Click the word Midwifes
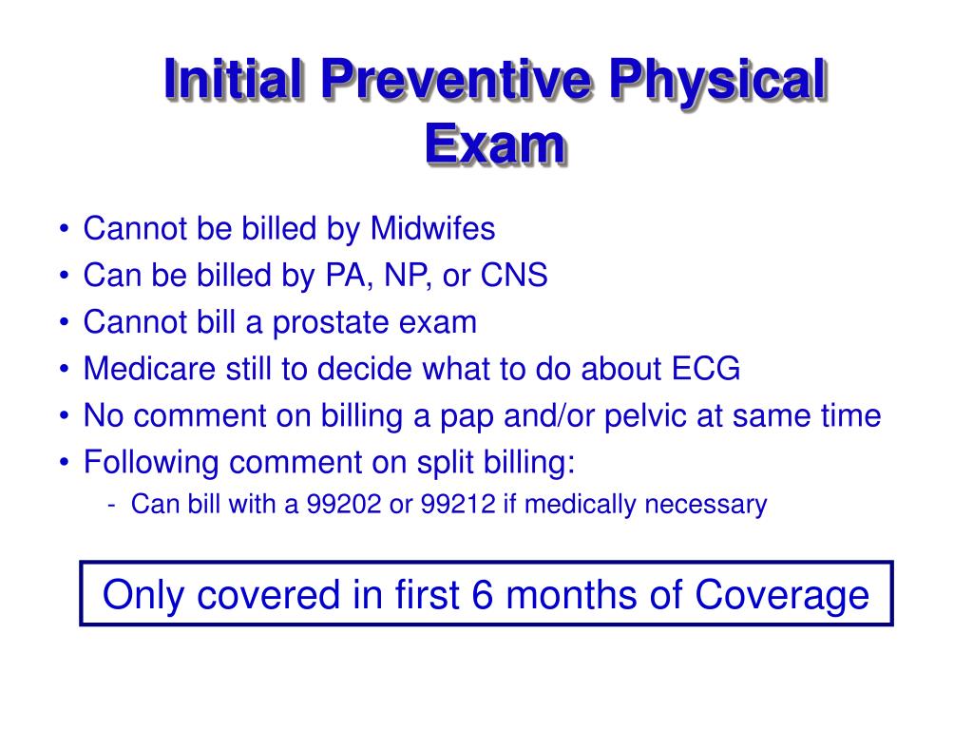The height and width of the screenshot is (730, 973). tap(432, 229)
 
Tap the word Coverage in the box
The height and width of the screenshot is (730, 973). tap(781, 595)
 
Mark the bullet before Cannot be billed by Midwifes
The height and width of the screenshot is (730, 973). tap(63, 231)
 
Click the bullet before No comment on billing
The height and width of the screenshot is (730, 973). tap(63, 417)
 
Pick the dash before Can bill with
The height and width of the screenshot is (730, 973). tap(113, 505)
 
